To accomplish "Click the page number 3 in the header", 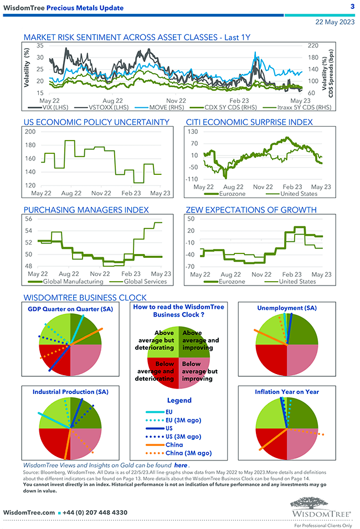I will tap(352, 7).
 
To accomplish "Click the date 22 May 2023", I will tap(335, 23).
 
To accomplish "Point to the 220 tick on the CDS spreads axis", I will tap(313, 45).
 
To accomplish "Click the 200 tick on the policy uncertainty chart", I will tap(30, 132).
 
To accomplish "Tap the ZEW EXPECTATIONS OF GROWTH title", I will tap(259, 210).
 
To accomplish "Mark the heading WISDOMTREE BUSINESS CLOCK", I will tap(85, 297).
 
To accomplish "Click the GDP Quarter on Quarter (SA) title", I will tap(70, 309).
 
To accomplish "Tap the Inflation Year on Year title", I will tap(287, 392).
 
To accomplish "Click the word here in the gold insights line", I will tap(181, 465).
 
